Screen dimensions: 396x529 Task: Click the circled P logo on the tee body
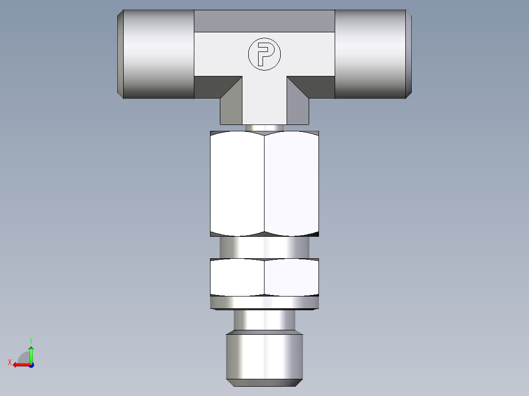click(x=264, y=54)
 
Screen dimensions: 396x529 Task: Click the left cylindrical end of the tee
click(x=157, y=54)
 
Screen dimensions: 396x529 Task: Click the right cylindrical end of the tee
click(x=371, y=54)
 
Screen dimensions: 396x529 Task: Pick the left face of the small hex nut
click(x=238, y=277)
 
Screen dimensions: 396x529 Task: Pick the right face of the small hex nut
click(x=291, y=277)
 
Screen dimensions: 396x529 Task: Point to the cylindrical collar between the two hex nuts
click(x=264, y=247)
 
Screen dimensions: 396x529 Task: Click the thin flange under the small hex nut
click(x=264, y=303)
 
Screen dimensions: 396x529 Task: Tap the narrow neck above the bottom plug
click(x=264, y=321)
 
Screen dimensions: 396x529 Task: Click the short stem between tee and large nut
click(x=264, y=128)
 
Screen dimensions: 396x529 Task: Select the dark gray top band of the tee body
click(x=264, y=21)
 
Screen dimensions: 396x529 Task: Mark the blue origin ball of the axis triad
click(x=31, y=365)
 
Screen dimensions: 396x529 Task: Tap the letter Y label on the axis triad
click(x=31, y=340)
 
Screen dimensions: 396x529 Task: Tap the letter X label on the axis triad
click(x=10, y=362)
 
